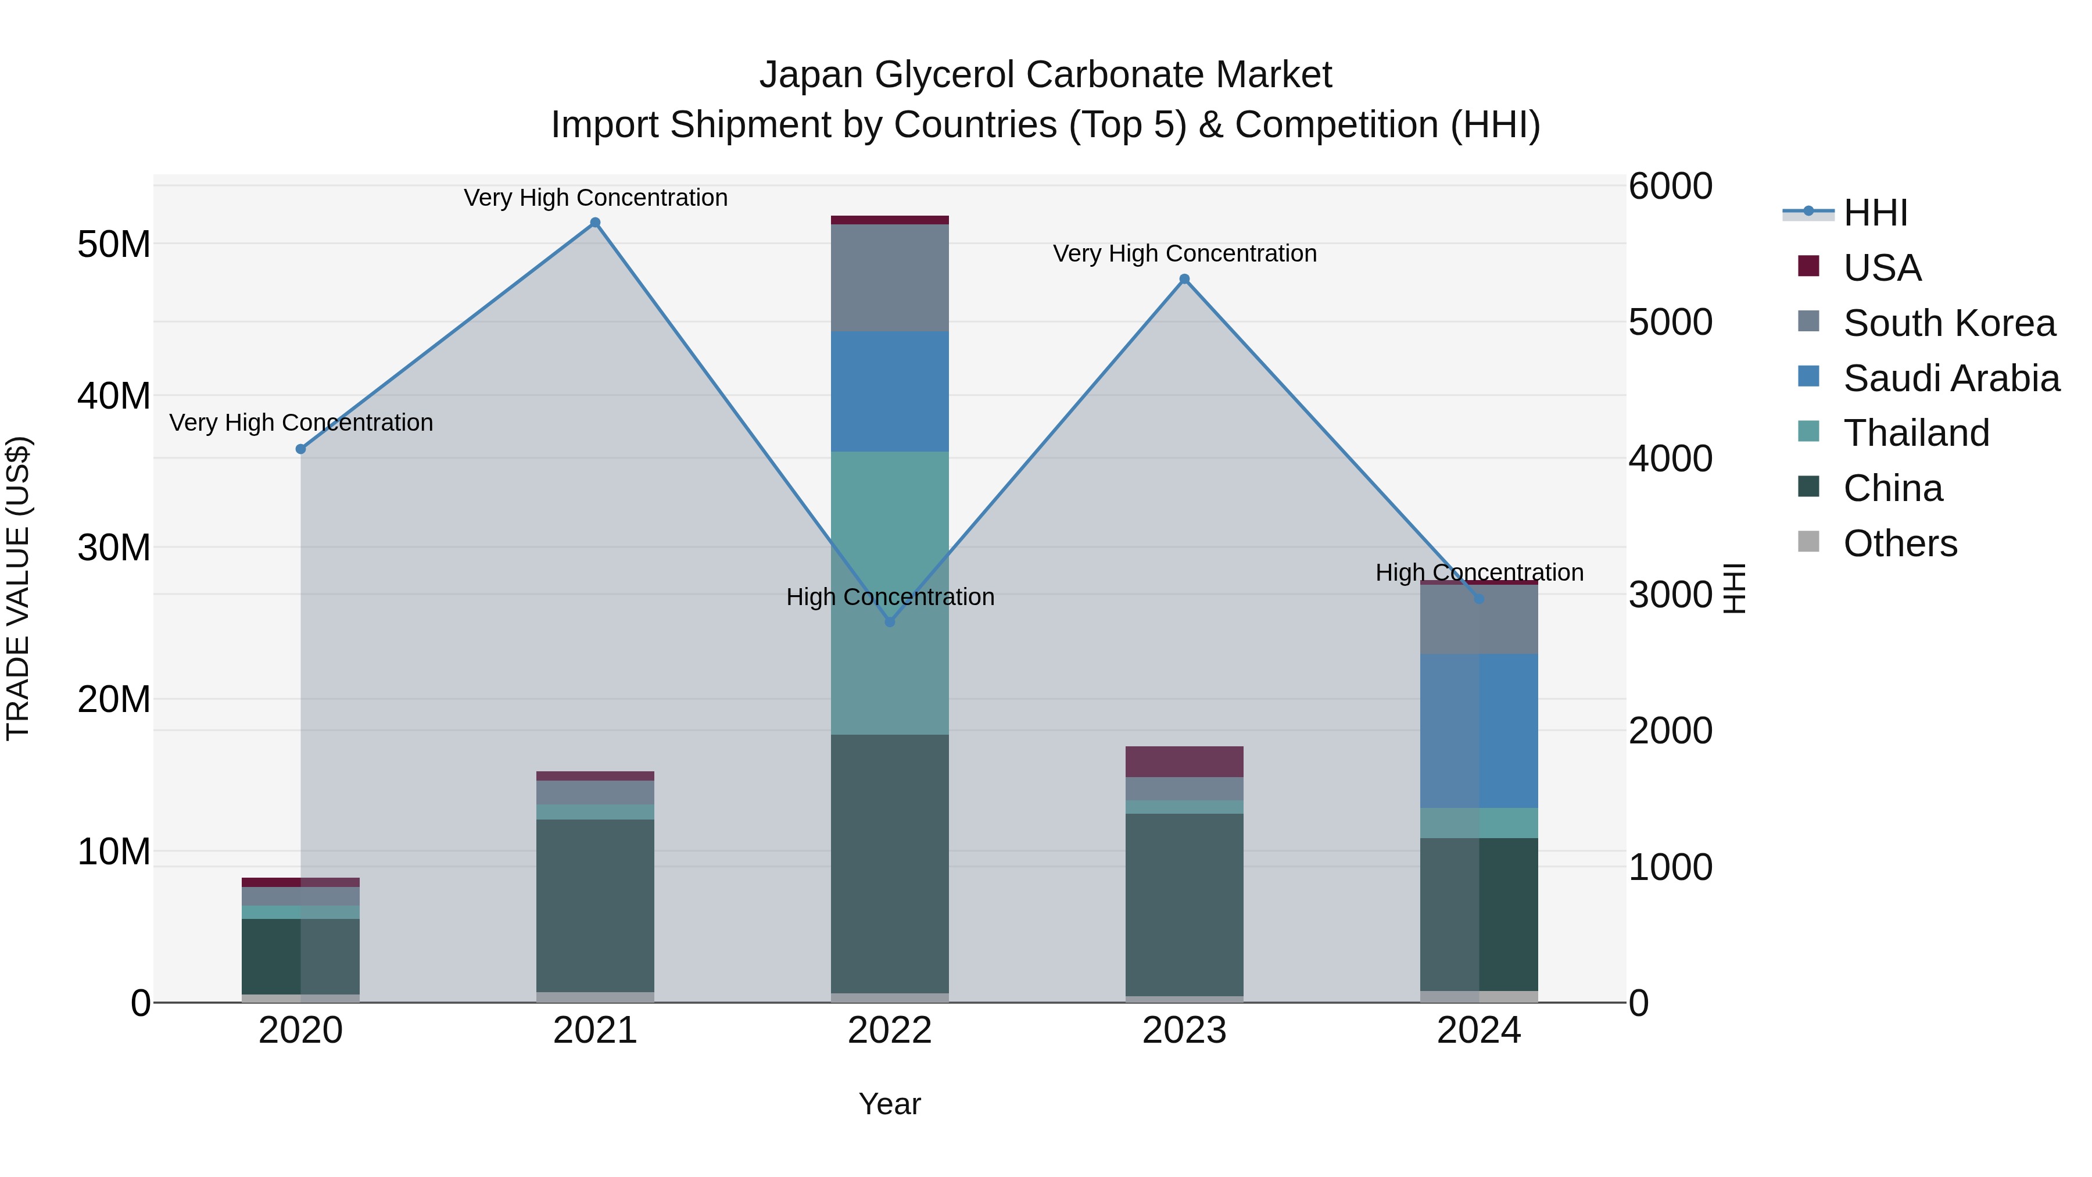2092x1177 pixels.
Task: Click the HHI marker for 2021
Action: pyautogui.click(x=595, y=223)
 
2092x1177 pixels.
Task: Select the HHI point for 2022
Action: pyautogui.click(x=890, y=621)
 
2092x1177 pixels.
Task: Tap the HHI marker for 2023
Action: pyautogui.click(x=1184, y=280)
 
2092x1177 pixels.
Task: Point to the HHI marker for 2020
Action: pyautogui.click(x=300, y=449)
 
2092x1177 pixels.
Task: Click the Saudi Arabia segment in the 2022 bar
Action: pyautogui.click(x=890, y=392)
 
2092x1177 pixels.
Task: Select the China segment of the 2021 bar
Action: pyautogui.click(x=595, y=905)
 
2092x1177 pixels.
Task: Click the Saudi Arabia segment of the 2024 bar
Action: pyautogui.click(x=1479, y=731)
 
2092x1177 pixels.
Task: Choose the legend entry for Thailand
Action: pyautogui.click(x=1916, y=433)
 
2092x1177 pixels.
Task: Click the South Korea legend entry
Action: pyautogui.click(x=1948, y=323)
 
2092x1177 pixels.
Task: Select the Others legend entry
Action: pyautogui.click(x=1900, y=543)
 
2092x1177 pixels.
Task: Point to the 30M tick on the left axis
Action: pyautogui.click(x=114, y=548)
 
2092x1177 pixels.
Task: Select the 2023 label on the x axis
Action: pyautogui.click(x=1184, y=1031)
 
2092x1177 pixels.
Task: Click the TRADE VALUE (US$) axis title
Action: pyautogui.click(x=19, y=588)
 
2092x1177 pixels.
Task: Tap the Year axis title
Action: pyautogui.click(x=890, y=1104)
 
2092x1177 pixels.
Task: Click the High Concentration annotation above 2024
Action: pyautogui.click(x=1479, y=573)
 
